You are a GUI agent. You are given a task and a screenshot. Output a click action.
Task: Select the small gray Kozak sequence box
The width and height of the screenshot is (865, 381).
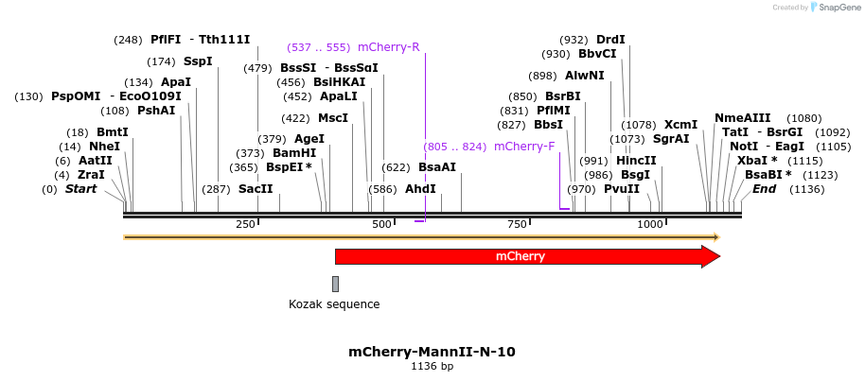click(335, 284)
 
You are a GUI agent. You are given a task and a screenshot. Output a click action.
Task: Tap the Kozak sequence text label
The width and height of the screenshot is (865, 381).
click(334, 304)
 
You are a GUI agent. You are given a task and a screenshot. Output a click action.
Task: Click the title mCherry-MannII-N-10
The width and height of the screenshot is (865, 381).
click(432, 352)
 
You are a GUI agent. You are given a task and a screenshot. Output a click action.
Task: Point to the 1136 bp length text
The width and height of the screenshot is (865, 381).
click(432, 366)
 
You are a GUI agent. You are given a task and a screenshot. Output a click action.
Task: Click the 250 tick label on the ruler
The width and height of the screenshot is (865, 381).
click(245, 224)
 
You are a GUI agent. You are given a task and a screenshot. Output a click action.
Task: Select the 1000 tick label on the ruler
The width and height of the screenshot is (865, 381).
click(650, 224)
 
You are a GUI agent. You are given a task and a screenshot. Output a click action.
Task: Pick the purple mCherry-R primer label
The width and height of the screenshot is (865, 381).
click(388, 47)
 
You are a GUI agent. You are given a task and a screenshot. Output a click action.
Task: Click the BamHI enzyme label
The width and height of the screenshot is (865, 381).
click(294, 153)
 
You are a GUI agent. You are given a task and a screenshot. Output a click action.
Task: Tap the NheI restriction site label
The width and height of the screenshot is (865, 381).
click(104, 147)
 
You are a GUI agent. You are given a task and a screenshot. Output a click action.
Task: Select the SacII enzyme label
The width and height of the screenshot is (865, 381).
click(256, 189)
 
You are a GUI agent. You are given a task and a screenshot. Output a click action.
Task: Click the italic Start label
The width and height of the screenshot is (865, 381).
click(80, 189)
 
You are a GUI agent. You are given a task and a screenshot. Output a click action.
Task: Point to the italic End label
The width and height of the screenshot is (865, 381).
click(764, 189)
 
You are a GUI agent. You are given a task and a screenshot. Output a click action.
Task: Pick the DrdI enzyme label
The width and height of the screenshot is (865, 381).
click(610, 40)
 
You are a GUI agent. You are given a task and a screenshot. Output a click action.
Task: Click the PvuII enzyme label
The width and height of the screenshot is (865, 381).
click(622, 189)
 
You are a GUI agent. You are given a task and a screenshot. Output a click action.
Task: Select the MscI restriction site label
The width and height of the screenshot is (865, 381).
click(333, 118)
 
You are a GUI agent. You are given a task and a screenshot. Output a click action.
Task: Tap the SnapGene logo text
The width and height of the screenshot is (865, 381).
click(838, 8)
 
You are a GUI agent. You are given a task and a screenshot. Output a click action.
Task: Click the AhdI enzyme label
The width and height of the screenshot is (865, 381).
click(420, 189)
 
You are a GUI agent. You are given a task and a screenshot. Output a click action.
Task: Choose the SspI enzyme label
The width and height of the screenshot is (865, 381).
click(198, 61)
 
